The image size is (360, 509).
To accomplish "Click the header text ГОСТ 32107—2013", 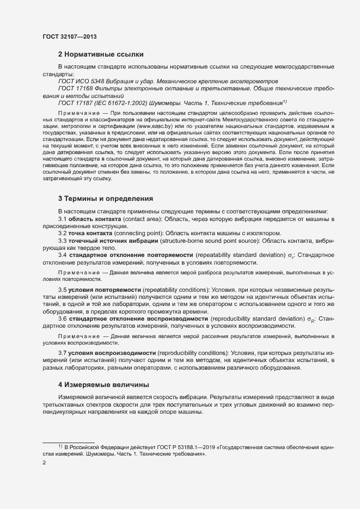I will click(x=69, y=36).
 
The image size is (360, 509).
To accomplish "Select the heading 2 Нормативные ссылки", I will click(x=101, y=54).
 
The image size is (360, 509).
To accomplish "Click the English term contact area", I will click(x=142, y=218).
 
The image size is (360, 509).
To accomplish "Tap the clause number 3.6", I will click(x=63, y=318).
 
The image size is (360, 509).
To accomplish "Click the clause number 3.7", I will click(x=63, y=354).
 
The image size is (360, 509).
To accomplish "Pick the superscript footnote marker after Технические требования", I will click(x=284, y=101).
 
